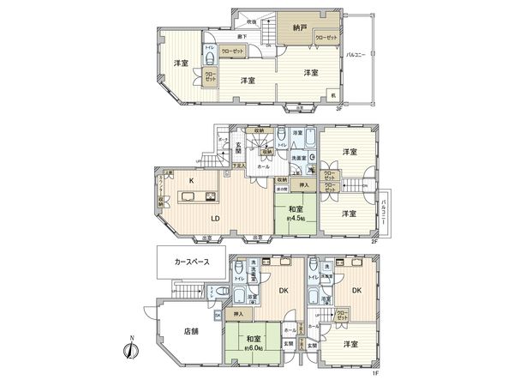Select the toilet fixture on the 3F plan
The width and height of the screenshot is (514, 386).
pos(211,52)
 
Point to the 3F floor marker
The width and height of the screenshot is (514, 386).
pos(339,109)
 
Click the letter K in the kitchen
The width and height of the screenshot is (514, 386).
pos(192,181)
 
